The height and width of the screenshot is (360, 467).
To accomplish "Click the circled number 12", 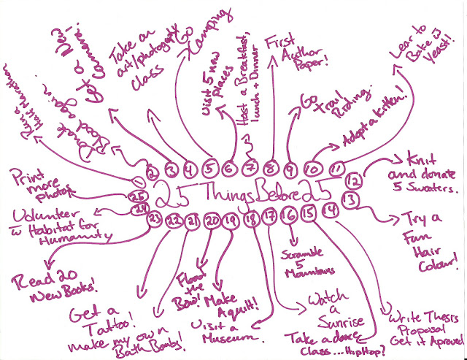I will pos(353,179).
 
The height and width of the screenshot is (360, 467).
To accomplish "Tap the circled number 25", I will pos(136,196).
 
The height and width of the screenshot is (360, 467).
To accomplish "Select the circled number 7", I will pos(249,169).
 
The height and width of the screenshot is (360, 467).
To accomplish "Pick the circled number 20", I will pos(211,220).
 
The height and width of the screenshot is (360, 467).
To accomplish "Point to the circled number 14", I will pos(331,212).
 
